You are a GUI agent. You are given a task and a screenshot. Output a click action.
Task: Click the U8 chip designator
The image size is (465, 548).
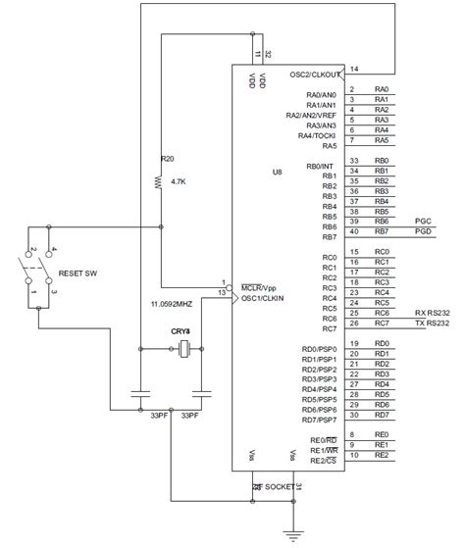[x=278, y=172]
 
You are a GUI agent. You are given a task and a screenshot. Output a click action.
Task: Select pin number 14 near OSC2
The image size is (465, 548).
[x=354, y=68]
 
